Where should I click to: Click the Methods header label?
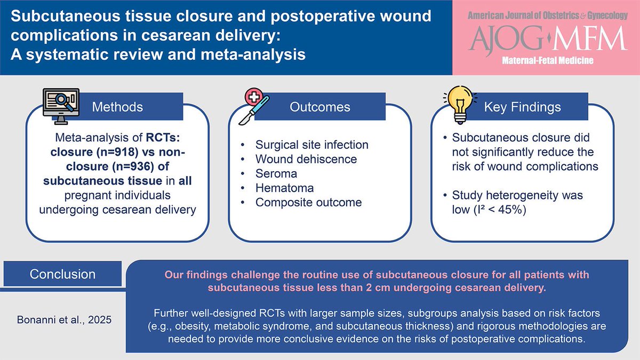(117, 107)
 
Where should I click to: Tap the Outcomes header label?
(320, 107)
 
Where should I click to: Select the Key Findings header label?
(522, 107)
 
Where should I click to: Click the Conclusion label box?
(63, 274)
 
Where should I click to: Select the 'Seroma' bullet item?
(276, 173)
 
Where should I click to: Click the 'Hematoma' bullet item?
(284, 188)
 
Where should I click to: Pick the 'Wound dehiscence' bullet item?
(306, 159)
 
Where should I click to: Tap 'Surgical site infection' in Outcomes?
(312, 145)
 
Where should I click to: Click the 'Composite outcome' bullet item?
(308, 202)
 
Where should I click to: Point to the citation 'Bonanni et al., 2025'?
(63, 321)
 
